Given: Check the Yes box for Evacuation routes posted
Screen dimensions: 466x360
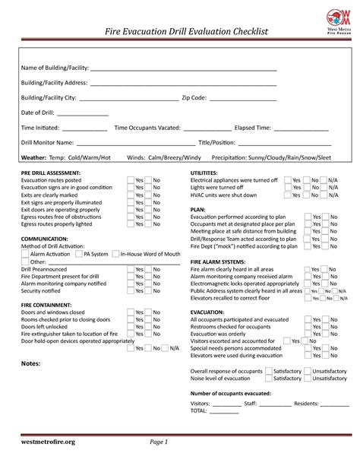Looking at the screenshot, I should point(131,180).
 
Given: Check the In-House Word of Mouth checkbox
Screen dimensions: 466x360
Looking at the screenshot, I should point(116,254).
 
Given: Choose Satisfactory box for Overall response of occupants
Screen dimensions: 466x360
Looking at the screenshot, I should point(270,370).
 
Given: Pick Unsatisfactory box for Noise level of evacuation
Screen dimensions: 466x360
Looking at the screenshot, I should point(307,378).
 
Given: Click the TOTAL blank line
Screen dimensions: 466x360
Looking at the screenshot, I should point(226,411).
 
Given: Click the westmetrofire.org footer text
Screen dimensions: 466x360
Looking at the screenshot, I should point(48,442).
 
